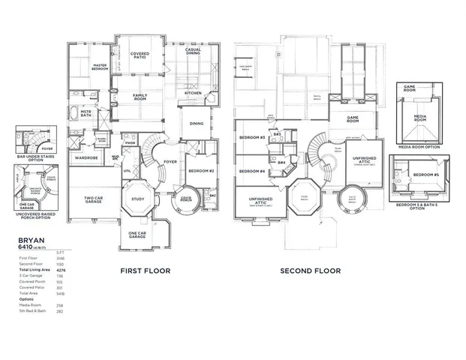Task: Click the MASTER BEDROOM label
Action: coord(99,67)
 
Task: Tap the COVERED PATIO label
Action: coord(140,55)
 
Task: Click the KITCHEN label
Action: coord(194,93)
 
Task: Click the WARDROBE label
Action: coord(87,157)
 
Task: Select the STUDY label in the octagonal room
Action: coord(137,199)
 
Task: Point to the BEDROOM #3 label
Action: coord(251,138)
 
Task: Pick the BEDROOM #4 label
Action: coord(251,171)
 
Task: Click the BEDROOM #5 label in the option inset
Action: coord(429,174)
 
